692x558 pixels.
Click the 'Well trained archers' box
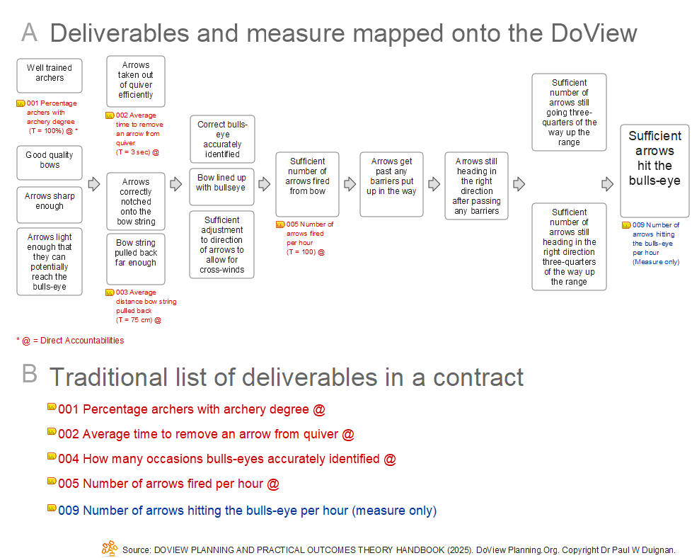[x=50, y=75]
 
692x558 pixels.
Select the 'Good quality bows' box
[x=50, y=162]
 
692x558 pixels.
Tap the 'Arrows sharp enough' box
[x=50, y=203]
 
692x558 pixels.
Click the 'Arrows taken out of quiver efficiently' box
[x=135, y=81]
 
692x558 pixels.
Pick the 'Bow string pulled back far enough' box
[x=135, y=254]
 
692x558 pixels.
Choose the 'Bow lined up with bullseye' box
[x=221, y=184]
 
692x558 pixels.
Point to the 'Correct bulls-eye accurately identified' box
[x=222, y=139]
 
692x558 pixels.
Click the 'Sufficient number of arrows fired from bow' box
[x=307, y=183]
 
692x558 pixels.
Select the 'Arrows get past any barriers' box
[x=391, y=183]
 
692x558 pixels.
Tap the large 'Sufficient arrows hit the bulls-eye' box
[x=654, y=171]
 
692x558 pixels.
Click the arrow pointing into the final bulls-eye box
[x=607, y=184]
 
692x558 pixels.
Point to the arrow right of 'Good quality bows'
[x=94, y=184]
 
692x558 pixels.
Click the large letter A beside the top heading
[x=29, y=33]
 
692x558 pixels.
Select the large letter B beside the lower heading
[x=29, y=374]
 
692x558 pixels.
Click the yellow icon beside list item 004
[x=52, y=457]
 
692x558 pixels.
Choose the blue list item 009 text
[x=247, y=511]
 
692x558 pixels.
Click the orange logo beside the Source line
[x=110, y=547]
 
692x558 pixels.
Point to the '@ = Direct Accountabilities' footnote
[x=70, y=341]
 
